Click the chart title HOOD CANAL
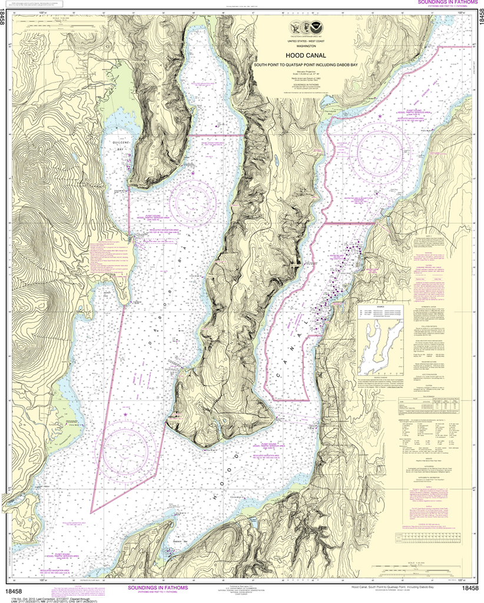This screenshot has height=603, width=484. point(305,57)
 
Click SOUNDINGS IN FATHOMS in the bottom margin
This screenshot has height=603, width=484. point(162,588)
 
